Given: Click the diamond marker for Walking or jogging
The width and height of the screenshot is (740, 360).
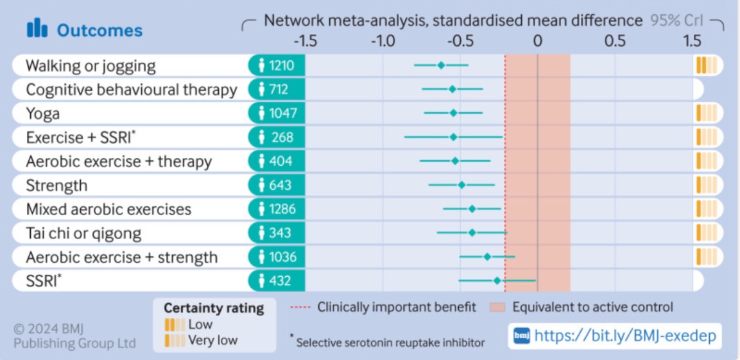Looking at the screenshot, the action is [x=441, y=65].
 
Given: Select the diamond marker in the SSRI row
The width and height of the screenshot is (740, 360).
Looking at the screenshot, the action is [x=497, y=280].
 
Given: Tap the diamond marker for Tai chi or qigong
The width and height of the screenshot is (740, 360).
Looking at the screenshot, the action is [x=472, y=233].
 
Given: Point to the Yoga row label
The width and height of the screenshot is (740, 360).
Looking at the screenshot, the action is [x=43, y=113].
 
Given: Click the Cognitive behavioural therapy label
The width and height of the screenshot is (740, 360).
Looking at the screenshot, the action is [x=131, y=89].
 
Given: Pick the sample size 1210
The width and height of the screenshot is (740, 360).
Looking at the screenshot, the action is [x=281, y=65].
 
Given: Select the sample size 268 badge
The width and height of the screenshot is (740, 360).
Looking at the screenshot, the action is [x=277, y=137].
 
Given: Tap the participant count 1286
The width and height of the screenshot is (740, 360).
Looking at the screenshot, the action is [x=282, y=209].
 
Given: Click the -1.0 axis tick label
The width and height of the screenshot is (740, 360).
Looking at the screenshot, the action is [x=383, y=41].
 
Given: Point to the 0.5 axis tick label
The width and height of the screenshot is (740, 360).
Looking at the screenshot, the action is [x=615, y=41].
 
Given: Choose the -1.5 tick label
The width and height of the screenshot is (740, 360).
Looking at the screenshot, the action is [x=306, y=41].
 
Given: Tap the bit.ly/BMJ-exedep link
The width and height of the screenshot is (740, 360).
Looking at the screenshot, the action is [x=625, y=336].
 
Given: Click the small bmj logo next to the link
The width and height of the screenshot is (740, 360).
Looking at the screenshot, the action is [x=522, y=336].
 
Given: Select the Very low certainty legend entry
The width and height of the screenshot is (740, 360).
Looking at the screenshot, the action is [x=201, y=340].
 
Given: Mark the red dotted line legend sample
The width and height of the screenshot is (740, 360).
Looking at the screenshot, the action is [x=300, y=308].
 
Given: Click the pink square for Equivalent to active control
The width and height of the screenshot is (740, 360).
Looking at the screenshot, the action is [x=497, y=308].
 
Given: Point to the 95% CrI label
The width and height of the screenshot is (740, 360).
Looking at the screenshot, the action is [x=676, y=21].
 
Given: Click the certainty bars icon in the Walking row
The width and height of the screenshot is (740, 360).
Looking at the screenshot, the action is [x=707, y=65].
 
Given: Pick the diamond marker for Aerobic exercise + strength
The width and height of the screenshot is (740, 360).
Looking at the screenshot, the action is [x=487, y=256].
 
